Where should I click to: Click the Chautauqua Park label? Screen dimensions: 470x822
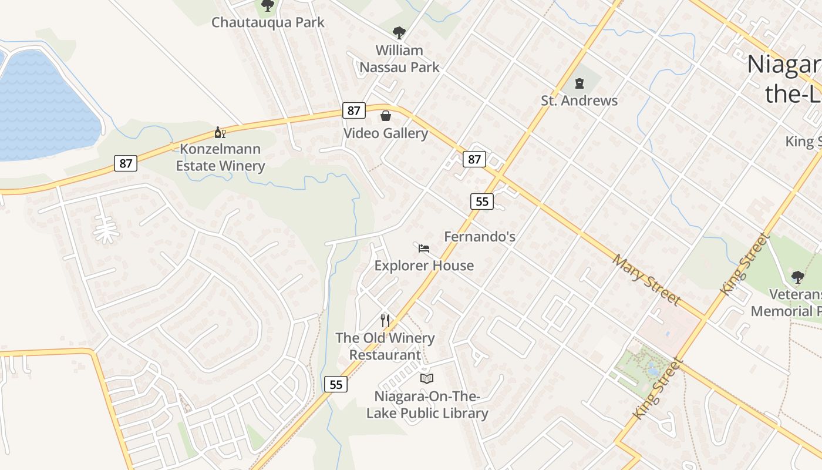pos(268,23)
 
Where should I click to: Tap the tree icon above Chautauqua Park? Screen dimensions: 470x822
pos(268,6)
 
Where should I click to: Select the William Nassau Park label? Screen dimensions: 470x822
pos(399,59)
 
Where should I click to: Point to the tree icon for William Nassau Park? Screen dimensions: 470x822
pos(399,32)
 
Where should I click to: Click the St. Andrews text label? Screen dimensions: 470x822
pos(579,100)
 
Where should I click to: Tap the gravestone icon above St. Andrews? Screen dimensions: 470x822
pos(580,83)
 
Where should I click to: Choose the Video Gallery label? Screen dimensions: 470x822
pos(385,133)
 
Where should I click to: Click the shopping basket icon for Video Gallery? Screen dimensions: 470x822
pos(386,116)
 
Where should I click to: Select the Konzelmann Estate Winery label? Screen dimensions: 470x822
pos(221,157)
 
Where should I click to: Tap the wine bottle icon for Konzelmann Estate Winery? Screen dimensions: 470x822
pos(220,133)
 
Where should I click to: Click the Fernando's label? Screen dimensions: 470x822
pos(480,237)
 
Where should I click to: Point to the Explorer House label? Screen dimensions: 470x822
pos(424,266)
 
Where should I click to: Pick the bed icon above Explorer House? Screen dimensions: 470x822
pos(424,249)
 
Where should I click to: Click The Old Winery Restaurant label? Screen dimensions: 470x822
pos(385,347)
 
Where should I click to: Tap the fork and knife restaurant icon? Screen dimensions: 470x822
pos(385,321)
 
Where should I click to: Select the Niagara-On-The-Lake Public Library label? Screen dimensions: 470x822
pos(427,405)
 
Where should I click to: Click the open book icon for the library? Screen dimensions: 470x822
pos(427,379)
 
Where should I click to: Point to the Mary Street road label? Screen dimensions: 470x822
pos(646,280)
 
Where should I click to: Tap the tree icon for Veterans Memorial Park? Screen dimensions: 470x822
pos(797,277)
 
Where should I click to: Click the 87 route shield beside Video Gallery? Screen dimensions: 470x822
pos(353,110)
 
